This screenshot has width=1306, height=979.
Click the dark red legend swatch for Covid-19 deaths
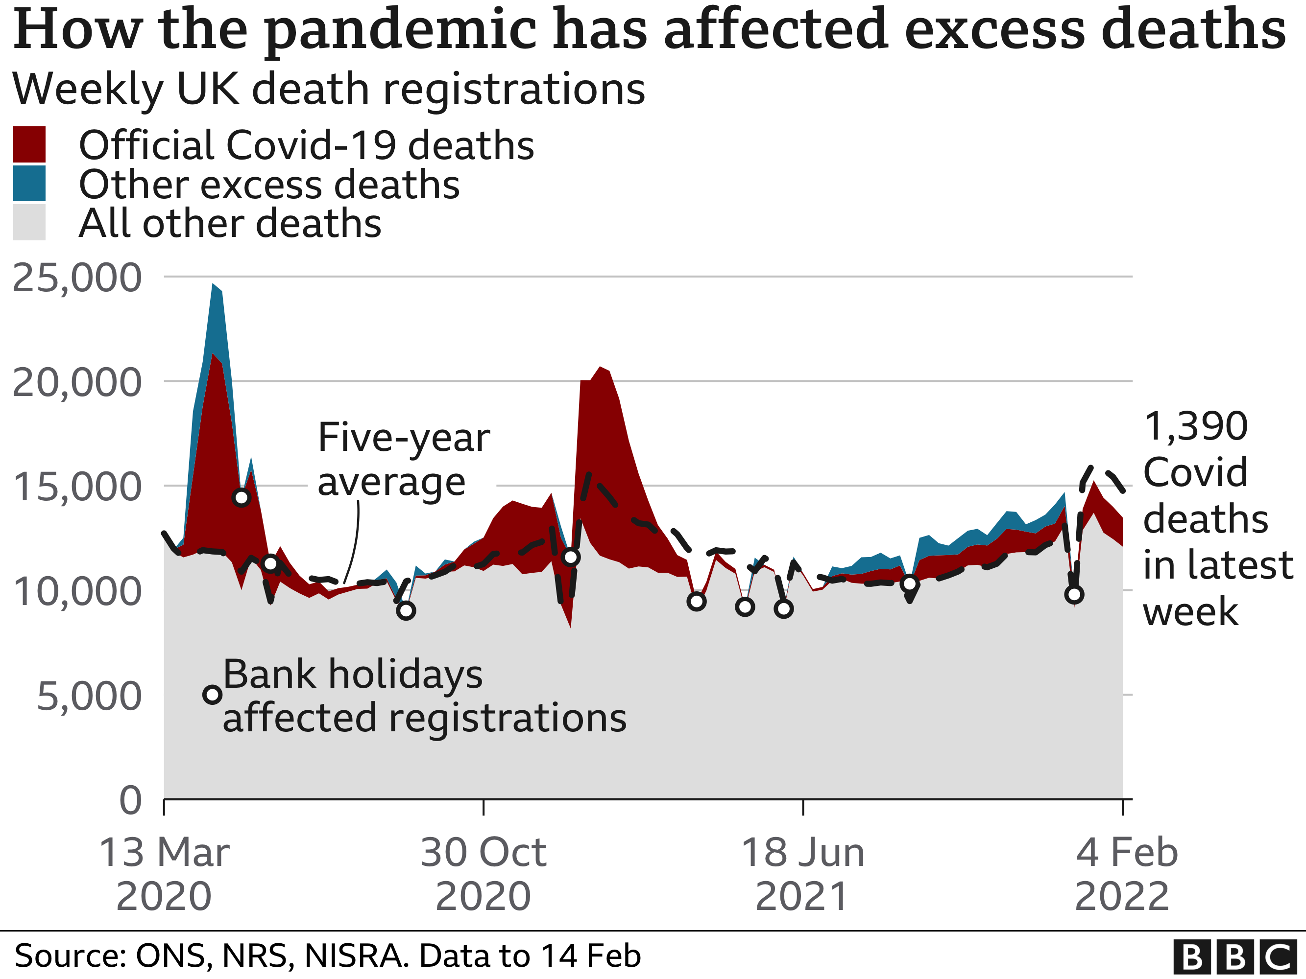point(29,144)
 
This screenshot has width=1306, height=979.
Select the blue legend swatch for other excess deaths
point(29,183)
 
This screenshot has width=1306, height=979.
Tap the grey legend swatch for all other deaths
point(29,222)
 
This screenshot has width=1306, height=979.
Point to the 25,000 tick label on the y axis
point(77,278)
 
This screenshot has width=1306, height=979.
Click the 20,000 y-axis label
point(77,382)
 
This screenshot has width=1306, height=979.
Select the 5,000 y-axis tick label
point(89,697)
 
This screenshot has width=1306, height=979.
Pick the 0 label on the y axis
point(130,801)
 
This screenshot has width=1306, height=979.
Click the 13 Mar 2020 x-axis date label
point(164,874)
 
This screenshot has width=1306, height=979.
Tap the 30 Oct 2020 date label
point(484,874)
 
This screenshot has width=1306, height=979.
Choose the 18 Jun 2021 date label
point(802,874)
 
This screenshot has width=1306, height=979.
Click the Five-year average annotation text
point(404,460)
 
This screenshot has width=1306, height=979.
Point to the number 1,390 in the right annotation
point(1196,426)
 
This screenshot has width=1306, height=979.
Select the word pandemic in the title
point(400,29)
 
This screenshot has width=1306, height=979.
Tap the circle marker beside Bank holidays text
point(213,695)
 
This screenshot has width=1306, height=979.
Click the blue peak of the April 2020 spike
point(214,285)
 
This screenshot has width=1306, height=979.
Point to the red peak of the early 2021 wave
point(601,368)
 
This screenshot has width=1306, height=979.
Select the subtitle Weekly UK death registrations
point(328,89)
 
